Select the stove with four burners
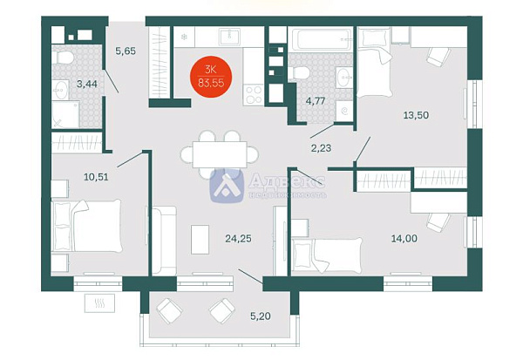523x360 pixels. (255, 92)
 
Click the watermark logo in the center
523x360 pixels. (228, 184)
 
